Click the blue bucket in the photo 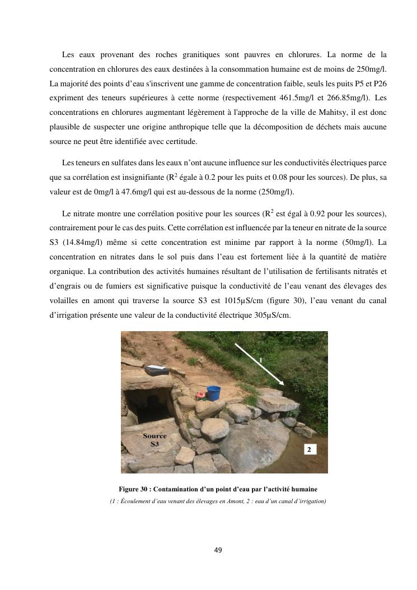pyautogui.click(x=214, y=392)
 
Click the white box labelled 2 pyautogui.click(x=311, y=449)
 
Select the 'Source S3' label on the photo pyautogui.click(x=154, y=439)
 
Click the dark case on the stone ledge pyautogui.click(x=153, y=370)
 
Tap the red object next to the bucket pyautogui.click(x=200, y=396)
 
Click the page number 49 pyautogui.click(x=218, y=550)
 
